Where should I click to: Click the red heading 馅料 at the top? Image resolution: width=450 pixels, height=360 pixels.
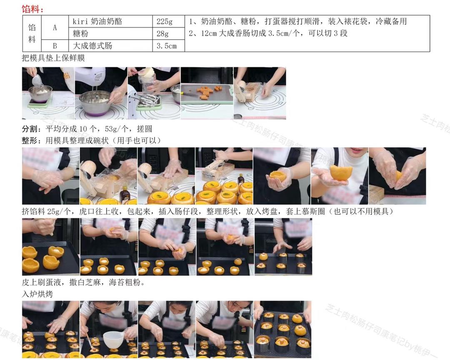pyautogui.click(x=33, y=9)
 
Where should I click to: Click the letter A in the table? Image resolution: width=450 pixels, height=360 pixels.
pyautogui.click(x=55, y=27)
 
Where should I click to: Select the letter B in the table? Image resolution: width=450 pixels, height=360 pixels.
pyautogui.click(x=55, y=46)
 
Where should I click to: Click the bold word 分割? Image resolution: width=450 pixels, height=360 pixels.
pyautogui.click(x=30, y=129)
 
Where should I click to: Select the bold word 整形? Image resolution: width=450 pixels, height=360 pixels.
pyautogui.click(x=30, y=141)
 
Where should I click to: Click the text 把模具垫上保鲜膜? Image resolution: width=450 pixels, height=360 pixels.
pyautogui.click(x=53, y=58)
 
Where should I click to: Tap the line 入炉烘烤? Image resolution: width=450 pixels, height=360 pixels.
pyautogui.click(x=37, y=294)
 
